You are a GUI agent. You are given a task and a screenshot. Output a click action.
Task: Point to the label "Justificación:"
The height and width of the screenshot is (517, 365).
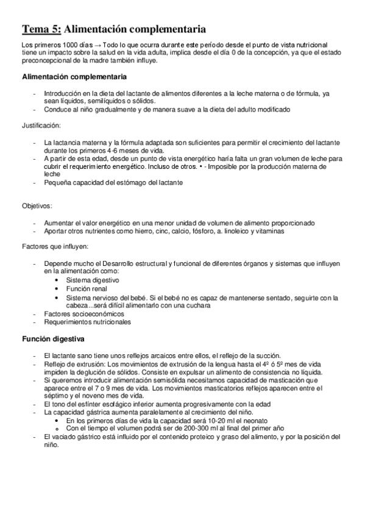[41, 125]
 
